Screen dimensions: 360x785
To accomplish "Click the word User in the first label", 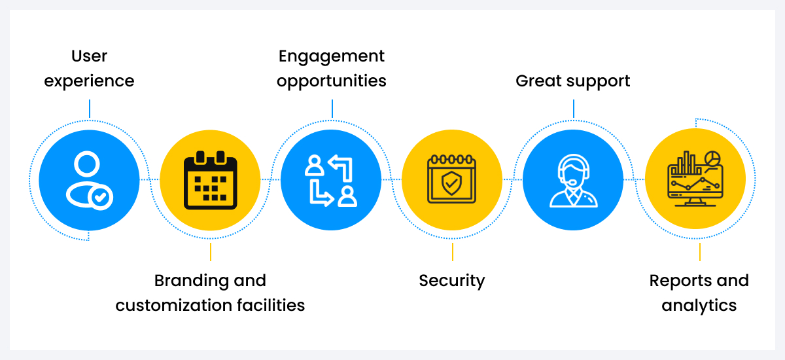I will coord(89,56).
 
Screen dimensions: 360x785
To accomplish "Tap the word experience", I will coord(89,81).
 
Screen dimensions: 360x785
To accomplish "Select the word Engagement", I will coord(332,56).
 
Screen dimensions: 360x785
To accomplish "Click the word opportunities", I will coord(332,81).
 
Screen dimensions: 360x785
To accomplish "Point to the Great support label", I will coord(573,81).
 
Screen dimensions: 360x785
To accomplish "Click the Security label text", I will coord(452,281).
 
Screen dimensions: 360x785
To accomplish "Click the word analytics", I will coord(699,305).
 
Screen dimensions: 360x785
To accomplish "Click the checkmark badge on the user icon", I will coord(102,196).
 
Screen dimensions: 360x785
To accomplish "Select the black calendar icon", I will coord(210,180).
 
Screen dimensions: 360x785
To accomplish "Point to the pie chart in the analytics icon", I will coord(712,159).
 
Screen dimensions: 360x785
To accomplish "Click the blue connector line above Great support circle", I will coord(574,109).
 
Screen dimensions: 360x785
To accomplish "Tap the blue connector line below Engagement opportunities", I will coord(332,109).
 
